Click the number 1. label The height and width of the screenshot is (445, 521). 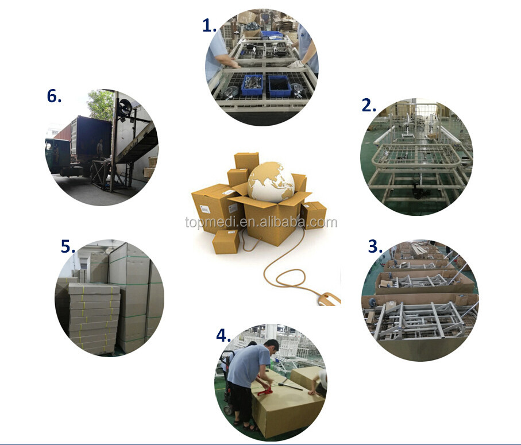coord(210,26)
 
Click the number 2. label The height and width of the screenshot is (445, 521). coord(369,105)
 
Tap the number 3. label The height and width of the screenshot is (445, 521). coord(375,246)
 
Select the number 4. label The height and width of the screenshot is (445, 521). coord(223,335)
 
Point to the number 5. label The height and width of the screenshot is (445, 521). coord(68,246)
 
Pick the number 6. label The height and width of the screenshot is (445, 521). coord(54,96)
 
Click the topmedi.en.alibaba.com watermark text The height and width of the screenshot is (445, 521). coord(261,222)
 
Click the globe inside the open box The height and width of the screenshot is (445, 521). coord(271,181)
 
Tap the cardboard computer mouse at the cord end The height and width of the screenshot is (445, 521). coord(329,299)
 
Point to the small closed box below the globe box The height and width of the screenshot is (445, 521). coord(226,241)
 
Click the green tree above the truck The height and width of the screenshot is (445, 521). coord(101,105)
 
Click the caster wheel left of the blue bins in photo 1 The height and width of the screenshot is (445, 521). coord(231,91)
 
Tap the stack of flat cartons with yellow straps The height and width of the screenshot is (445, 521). coord(94,318)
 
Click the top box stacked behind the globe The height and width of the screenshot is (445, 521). coord(246,161)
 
